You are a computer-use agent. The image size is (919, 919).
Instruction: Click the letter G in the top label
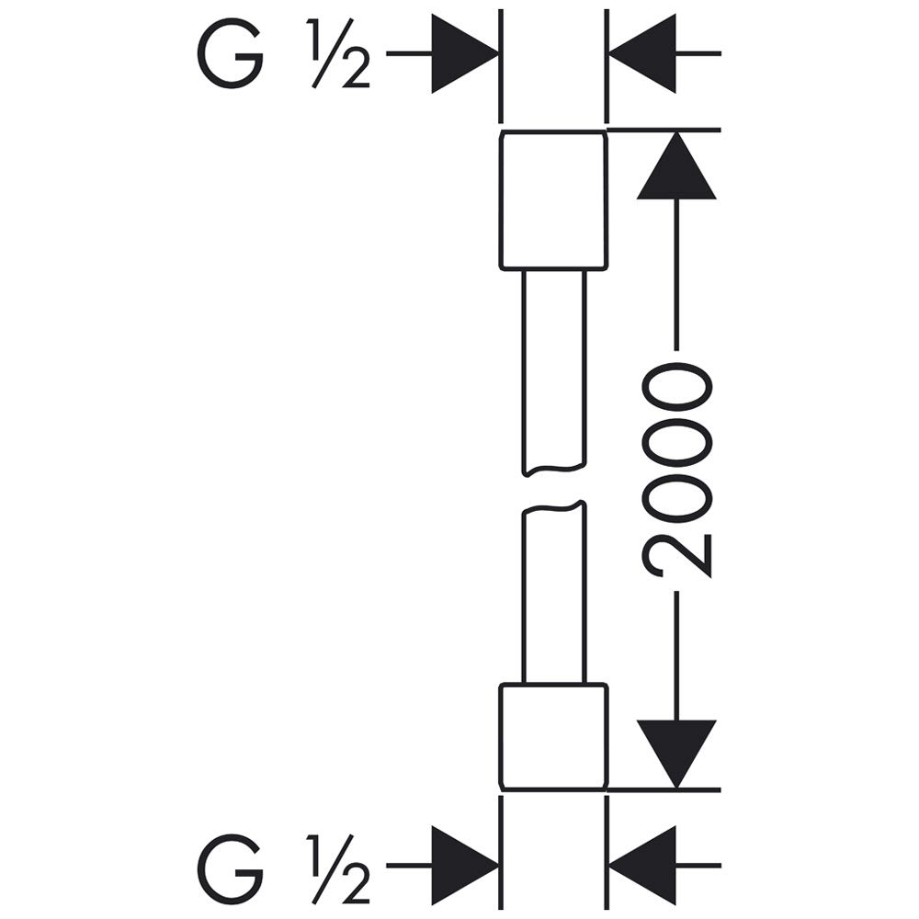[230, 53]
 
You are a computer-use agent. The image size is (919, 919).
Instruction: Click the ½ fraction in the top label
[338, 53]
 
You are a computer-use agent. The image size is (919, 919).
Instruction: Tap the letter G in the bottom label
[230, 868]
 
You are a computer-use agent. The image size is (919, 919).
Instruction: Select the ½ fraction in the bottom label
[338, 868]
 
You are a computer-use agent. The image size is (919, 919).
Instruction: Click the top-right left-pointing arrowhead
[642, 53]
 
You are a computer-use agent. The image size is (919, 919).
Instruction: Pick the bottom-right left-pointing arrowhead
[642, 865]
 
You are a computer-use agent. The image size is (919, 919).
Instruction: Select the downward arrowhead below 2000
[676, 754]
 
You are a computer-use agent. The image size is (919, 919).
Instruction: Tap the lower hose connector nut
[552, 737]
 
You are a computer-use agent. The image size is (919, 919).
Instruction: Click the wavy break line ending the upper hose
[554, 470]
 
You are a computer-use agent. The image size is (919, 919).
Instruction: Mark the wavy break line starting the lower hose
[554, 507]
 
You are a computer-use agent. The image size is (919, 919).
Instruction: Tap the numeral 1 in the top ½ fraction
[314, 38]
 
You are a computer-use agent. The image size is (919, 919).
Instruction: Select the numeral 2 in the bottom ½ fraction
[356, 884]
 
